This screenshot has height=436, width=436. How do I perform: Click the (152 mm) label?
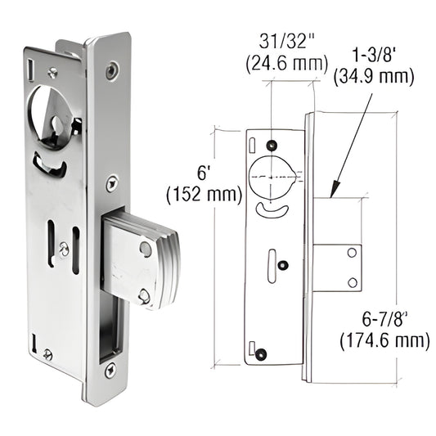pos(205,196)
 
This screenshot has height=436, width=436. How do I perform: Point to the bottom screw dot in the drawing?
pos(262,353)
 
